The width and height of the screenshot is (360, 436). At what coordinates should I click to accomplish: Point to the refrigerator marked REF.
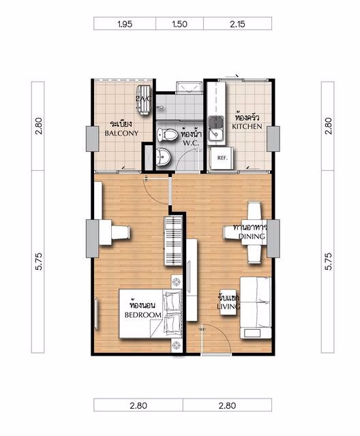coord(222,157)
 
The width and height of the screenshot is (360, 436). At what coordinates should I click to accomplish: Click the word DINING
coord(252,236)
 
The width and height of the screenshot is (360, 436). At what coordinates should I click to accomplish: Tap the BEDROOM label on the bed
coord(142,315)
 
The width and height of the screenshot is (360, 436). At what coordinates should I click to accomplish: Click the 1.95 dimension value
coord(124,24)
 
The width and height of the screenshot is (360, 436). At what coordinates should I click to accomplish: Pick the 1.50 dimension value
coord(179,24)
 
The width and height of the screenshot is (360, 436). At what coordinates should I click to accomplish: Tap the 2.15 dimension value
coord(237,24)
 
